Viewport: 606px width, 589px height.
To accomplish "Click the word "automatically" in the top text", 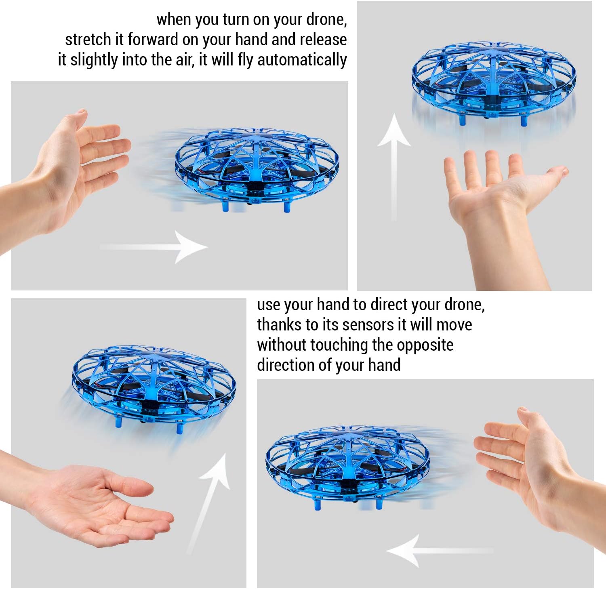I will (x=302, y=60).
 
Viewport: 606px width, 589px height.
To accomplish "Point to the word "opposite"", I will (x=425, y=345).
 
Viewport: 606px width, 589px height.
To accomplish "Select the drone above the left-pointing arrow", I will (x=347, y=465).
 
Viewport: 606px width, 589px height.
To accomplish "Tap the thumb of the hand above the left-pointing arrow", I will (x=525, y=420).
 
